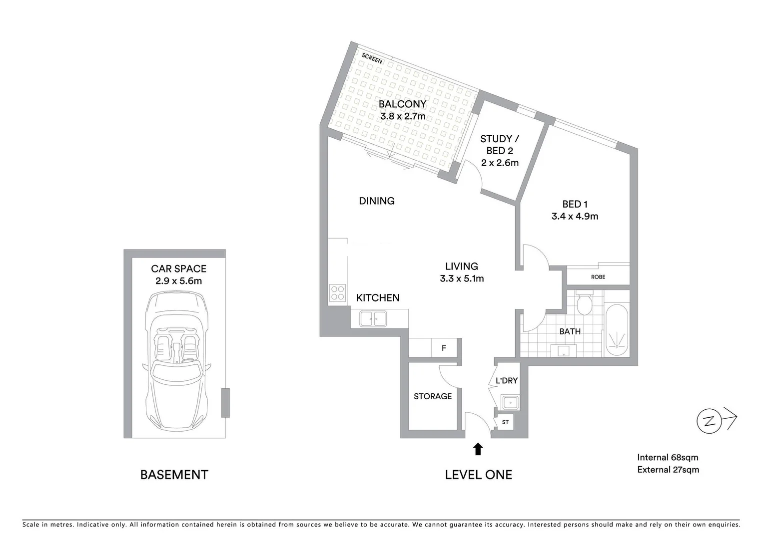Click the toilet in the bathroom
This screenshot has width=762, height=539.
click(583, 303)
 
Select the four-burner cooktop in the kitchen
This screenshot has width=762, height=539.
click(338, 292)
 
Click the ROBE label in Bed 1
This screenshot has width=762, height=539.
click(598, 276)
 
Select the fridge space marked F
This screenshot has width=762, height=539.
click(444, 348)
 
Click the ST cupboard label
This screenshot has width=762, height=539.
click(505, 422)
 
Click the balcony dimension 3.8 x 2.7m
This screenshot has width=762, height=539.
click(403, 116)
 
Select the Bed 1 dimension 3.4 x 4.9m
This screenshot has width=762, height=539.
click(575, 216)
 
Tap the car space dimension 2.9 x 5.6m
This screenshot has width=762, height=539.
click(178, 281)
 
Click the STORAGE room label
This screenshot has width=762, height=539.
click(432, 396)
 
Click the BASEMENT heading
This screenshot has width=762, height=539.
click(174, 475)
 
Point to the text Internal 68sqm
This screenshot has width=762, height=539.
click(668, 457)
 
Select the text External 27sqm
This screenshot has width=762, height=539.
click(668, 470)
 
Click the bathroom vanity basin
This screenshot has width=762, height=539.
click(564, 351)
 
